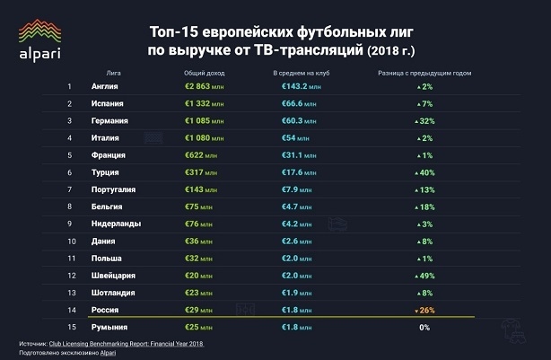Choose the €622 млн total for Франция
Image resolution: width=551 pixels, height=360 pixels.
click(x=199, y=155)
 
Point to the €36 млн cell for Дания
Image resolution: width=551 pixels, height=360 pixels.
click(x=197, y=241)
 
